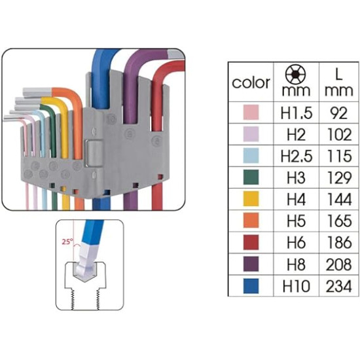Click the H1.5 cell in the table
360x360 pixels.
[x=297, y=113]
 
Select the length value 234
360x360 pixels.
[x=338, y=286]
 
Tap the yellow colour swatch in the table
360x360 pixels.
[x=251, y=199]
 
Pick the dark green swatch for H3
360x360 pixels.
[x=251, y=177]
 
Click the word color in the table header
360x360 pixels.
[x=251, y=82]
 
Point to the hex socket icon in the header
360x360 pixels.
[x=295, y=73]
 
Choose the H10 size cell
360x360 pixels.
[x=296, y=286]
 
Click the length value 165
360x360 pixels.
[x=339, y=221]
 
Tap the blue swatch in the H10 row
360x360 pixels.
[x=251, y=286]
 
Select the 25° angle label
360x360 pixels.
[x=67, y=242]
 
